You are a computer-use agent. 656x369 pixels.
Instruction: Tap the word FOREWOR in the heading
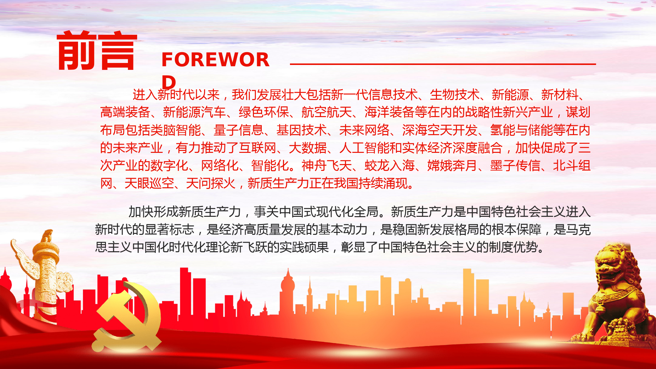[215, 60]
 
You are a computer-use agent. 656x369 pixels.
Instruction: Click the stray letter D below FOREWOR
[169, 82]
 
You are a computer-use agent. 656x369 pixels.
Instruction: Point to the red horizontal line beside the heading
[443, 64]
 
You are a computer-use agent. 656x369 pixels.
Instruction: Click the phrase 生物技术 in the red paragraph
[455, 95]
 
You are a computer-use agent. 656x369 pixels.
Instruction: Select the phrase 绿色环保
[264, 113]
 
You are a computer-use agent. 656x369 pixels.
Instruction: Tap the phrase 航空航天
[327, 113]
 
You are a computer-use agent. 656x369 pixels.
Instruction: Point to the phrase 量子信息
[238, 130]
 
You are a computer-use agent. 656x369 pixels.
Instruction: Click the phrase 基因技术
[301, 130]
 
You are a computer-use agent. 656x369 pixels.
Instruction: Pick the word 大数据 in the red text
[308, 148]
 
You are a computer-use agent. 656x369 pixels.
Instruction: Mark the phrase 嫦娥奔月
[452, 166]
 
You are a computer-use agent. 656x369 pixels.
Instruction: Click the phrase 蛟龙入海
[390, 166]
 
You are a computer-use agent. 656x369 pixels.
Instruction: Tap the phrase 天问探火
[211, 183]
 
